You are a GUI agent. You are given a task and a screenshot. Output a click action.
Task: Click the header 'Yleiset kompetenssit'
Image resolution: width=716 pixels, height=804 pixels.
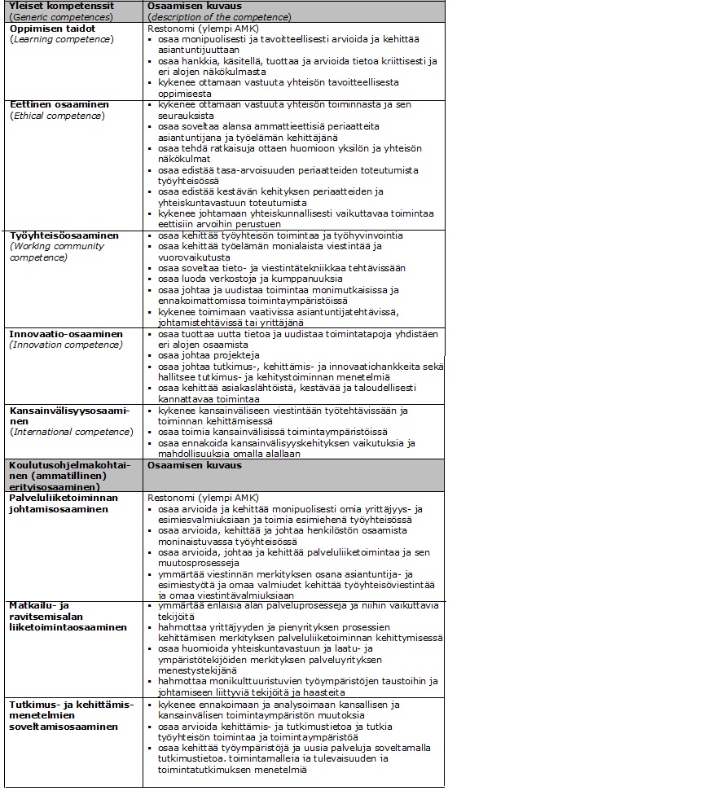pyautogui.click(x=61, y=6)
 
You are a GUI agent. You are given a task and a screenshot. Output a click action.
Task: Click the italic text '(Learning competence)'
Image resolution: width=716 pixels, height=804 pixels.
pyautogui.click(x=61, y=39)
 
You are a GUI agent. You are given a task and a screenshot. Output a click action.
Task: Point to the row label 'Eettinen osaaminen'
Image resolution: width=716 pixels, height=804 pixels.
pyautogui.click(x=59, y=104)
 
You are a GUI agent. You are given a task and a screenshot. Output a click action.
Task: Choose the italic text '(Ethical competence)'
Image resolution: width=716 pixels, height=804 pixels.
pyautogui.click(x=57, y=116)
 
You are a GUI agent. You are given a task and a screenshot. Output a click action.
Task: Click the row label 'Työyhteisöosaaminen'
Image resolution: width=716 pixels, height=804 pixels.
pyautogui.click(x=64, y=235)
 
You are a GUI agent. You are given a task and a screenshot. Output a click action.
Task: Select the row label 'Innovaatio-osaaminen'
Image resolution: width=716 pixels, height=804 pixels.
pyautogui.click(x=66, y=334)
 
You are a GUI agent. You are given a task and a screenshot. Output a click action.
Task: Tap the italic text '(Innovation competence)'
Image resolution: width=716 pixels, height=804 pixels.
pyautogui.click(x=66, y=345)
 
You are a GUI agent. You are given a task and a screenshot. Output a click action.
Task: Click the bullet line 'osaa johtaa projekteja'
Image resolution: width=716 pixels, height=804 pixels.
pyautogui.click(x=209, y=355)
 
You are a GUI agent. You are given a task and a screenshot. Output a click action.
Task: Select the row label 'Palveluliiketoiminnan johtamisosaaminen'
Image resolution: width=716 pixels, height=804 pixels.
pyautogui.click(x=64, y=503)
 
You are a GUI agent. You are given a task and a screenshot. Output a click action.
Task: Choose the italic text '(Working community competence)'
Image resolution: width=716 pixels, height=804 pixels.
pyautogui.click(x=57, y=252)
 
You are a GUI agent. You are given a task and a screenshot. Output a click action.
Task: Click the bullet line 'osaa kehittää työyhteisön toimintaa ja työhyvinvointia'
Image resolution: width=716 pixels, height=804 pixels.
pyautogui.click(x=280, y=235)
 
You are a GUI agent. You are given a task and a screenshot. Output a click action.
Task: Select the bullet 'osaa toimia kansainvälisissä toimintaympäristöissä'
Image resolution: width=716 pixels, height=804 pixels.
pyautogui.click(x=272, y=432)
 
